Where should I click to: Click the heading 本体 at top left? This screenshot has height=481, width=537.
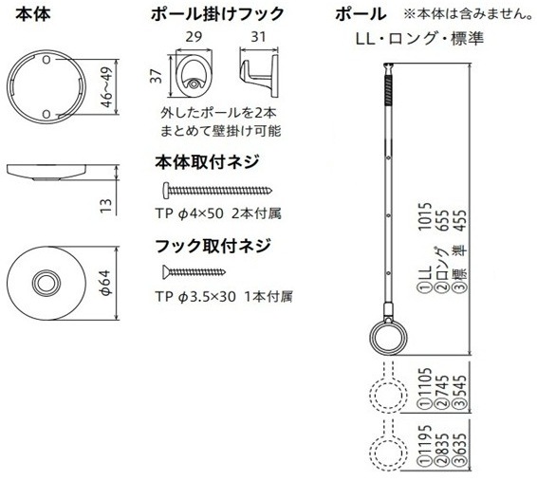click(33, 14)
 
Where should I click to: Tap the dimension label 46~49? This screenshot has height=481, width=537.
click(107, 86)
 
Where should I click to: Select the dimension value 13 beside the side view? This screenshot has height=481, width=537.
click(106, 206)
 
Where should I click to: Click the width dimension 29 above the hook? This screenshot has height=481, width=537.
click(194, 37)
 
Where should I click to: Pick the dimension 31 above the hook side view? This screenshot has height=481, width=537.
click(258, 37)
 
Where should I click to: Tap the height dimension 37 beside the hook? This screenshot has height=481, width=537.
click(156, 76)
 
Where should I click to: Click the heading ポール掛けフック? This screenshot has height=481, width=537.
click(217, 14)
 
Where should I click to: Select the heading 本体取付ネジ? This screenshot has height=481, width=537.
click(207, 162)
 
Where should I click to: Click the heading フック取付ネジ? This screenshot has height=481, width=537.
click(213, 246)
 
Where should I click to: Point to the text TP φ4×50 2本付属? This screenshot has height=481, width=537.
click(218, 213)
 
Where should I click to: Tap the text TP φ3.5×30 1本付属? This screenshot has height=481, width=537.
click(224, 297)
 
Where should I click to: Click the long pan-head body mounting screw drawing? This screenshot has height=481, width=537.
click(217, 191)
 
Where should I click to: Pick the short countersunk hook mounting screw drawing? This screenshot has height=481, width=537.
click(194, 272)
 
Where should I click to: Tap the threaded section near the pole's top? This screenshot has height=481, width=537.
click(388, 91)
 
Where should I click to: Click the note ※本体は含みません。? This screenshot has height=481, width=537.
click(468, 14)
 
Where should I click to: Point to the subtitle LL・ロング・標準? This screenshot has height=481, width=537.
click(420, 38)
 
